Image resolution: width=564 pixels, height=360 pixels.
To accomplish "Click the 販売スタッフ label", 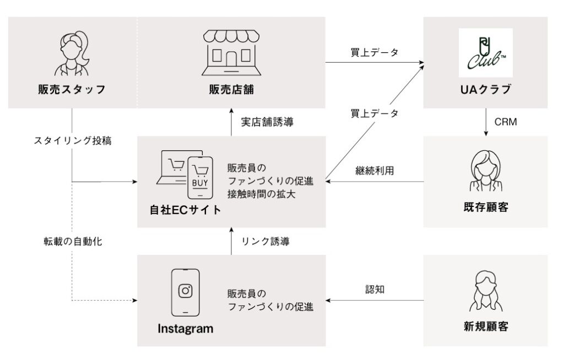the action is click(72, 89).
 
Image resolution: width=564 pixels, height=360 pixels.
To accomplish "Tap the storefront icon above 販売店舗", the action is click(231, 52).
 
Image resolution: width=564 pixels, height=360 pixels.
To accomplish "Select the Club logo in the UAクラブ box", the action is click(486, 53).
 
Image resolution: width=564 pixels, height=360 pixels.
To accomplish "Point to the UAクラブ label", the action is click(486, 89).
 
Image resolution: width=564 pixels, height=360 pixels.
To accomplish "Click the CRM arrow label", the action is click(506, 122).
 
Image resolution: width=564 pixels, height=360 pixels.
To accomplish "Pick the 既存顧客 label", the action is click(486, 207).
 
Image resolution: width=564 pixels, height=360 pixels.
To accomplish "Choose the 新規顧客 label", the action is click(486, 326).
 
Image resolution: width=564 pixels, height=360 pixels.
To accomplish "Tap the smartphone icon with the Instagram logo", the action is click(185, 292).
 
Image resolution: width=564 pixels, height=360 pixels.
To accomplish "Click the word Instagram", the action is click(185, 329).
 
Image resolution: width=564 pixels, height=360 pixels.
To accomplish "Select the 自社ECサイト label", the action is click(185, 210).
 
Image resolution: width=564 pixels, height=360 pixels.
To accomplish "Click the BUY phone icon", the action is click(200, 178).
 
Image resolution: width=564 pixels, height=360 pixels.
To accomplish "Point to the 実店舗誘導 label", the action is click(267, 122).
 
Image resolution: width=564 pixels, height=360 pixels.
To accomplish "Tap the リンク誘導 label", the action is click(265, 241).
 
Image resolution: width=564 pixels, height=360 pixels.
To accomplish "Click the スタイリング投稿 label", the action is click(73, 140).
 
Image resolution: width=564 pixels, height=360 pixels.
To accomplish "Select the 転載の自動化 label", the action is click(73, 241).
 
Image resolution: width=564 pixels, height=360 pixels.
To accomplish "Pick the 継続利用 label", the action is click(375, 170).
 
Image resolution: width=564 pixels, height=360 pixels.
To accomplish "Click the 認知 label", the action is click(375, 289).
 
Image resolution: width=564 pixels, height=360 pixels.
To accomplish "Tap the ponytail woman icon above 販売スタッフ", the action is click(72, 53).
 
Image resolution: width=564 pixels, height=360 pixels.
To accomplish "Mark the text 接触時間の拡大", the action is click(261, 194).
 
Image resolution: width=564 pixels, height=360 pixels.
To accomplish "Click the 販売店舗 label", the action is click(231, 89).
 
